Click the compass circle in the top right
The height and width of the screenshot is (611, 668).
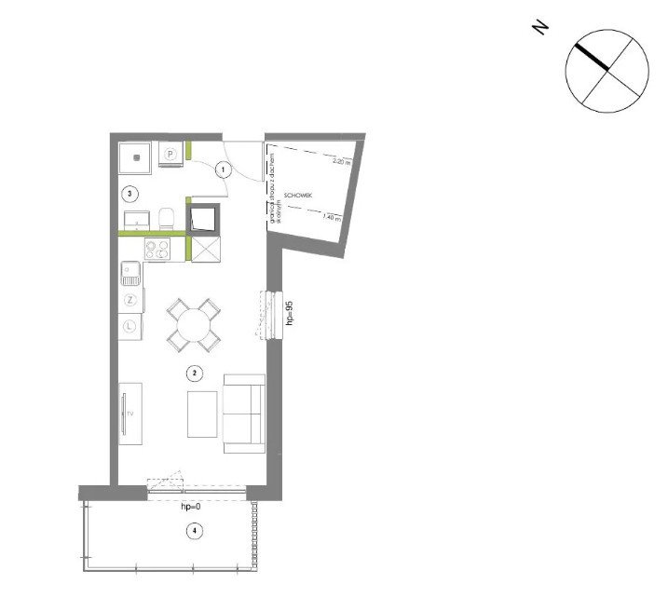pyautogui.click(x=607, y=71)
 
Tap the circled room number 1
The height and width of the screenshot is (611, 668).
pyautogui.click(x=224, y=170)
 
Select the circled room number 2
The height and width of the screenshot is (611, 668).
pyautogui.click(x=194, y=373)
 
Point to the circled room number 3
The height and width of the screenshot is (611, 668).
pyautogui.click(x=131, y=194)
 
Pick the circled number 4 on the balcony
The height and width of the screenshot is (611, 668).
pyautogui.click(x=194, y=532)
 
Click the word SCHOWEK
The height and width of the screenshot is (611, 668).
pyautogui.click(x=297, y=195)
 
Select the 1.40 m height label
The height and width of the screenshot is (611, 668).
pyautogui.click(x=332, y=218)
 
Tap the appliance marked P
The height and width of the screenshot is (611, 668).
pyautogui.click(x=171, y=155)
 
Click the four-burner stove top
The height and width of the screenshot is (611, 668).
pyautogui.click(x=157, y=250)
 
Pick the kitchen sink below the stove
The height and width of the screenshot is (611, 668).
pyautogui.click(x=130, y=274)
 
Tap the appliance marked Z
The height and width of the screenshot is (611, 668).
pyautogui.click(x=130, y=300)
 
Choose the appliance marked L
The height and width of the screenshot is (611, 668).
pyautogui.click(x=130, y=327)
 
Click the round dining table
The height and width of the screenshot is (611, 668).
pyautogui.click(x=195, y=326)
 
